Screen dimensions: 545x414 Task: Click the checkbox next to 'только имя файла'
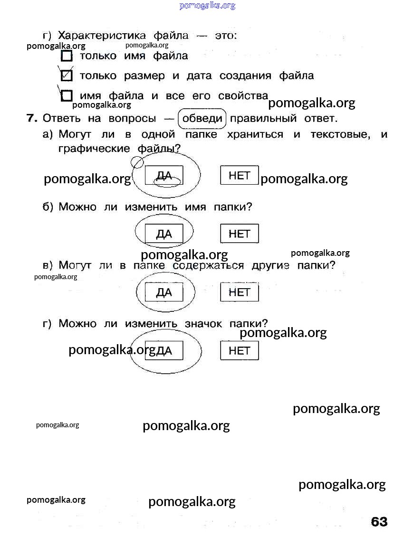(67, 57)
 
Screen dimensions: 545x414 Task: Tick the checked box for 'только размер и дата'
(67, 76)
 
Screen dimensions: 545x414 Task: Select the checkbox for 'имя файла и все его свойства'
(67, 96)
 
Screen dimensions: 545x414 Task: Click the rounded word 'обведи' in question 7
(202, 118)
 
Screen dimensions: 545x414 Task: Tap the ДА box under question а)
(164, 176)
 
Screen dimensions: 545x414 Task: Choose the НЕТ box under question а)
(240, 175)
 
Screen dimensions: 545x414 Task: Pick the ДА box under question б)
(164, 234)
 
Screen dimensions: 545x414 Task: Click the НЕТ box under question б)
(240, 234)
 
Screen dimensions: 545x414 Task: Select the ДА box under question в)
(164, 292)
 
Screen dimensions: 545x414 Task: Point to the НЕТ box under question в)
(240, 292)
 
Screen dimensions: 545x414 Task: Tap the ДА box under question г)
(164, 351)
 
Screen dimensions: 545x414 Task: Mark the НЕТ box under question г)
(240, 351)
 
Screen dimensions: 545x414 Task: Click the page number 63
(379, 522)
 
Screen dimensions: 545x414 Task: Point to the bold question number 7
(32, 118)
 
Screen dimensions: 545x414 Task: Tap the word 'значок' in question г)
(203, 324)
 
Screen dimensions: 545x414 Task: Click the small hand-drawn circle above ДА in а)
(137, 162)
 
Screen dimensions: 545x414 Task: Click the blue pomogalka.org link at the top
(207, 6)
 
